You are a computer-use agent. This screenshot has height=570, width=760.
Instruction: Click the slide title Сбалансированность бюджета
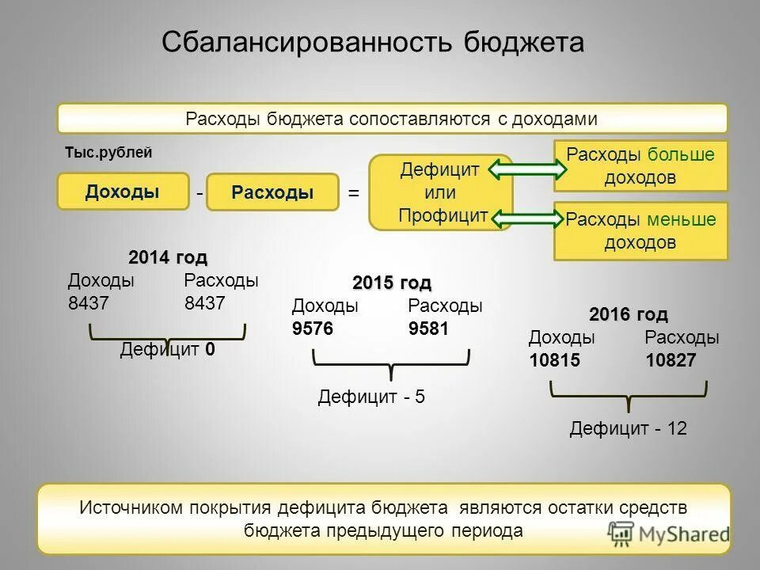[373, 42]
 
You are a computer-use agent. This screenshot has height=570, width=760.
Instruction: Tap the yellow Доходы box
[123, 192]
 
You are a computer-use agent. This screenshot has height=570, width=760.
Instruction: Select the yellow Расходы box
[272, 192]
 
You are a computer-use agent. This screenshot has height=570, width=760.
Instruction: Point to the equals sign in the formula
[354, 193]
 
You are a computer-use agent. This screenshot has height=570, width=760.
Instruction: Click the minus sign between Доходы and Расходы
[199, 193]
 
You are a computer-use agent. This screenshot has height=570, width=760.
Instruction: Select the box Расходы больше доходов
[640, 165]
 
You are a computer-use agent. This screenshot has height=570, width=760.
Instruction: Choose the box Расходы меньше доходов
[640, 230]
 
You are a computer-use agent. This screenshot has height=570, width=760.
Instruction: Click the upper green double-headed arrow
[523, 168]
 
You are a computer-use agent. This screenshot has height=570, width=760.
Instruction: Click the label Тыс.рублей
[108, 153]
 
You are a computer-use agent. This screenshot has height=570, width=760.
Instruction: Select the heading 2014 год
[168, 258]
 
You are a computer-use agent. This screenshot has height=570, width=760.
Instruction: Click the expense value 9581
[428, 329]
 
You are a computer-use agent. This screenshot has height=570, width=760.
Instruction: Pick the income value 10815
[555, 360]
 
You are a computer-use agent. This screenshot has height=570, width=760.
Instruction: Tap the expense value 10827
[671, 360]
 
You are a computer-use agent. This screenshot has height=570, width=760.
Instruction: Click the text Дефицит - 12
[628, 429]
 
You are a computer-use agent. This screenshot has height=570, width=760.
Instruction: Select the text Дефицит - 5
[371, 397]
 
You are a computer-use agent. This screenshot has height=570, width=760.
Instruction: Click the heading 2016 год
[629, 314]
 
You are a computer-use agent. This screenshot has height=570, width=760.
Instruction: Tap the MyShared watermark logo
[670, 534]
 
